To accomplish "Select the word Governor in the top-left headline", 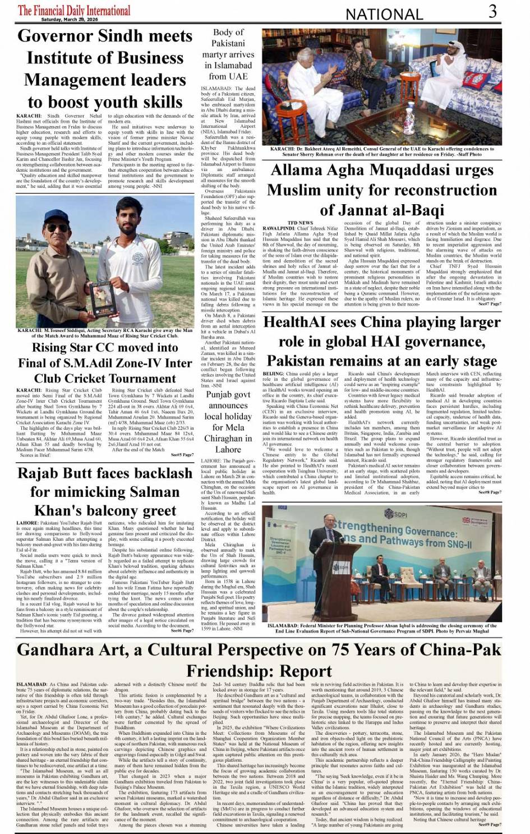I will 56,36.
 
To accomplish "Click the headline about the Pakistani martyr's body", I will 228,54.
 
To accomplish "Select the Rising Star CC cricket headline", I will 105,362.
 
